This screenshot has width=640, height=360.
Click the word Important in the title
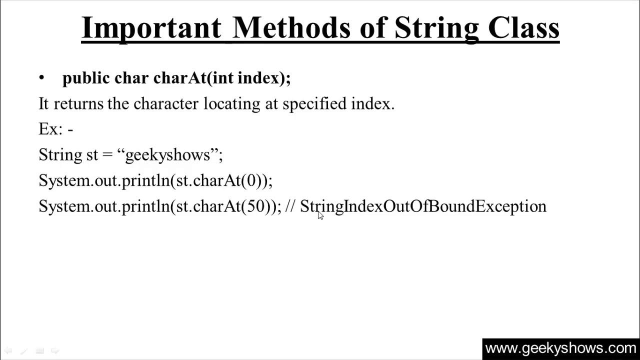pyautogui.click(x=151, y=28)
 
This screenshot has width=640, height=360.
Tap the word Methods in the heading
pyautogui.click(x=292, y=28)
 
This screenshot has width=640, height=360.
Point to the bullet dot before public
pyautogui.click(x=42, y=78)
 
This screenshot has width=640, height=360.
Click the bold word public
pyautogui.click(x=85, y=78)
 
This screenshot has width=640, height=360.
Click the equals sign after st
pyautogui.click(x=107, y=155)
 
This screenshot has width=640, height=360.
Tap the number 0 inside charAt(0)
pyautogui.click(x=251, y=180)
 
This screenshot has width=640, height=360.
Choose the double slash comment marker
pyautogui.click(x=290, y=206)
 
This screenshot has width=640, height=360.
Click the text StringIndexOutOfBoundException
pyautogui.click(x=423, y=206)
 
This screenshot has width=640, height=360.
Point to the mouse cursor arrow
pyautogui.click(x=320, y=215)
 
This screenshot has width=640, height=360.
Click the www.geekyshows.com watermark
pyautogui.click(x=560, y=348)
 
